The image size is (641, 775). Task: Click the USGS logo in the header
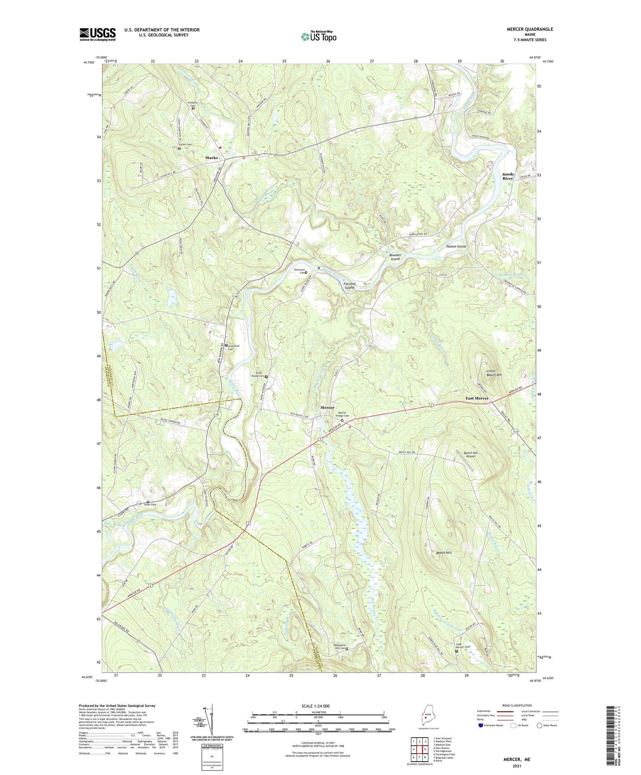pos(98,34)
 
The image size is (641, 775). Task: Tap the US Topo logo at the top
pos(319,36)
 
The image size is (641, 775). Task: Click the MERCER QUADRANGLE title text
pos(530,29)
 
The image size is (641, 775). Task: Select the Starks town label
pos(212,158)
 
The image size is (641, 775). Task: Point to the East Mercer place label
pos(477,398)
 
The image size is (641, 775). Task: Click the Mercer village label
pos(327,407)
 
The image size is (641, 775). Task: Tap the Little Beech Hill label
pos(494,373)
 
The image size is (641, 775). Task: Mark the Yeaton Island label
pos(456,246)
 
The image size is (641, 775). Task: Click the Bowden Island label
pos(395,257)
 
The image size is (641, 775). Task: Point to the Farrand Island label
pos(350,285)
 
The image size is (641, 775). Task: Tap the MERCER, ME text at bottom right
pos(516,759)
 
